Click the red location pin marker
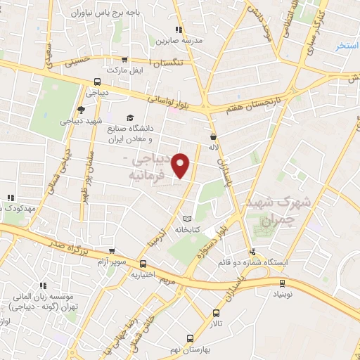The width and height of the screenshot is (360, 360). coord(181,165)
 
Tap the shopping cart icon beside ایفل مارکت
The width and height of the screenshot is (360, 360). coord(125,60)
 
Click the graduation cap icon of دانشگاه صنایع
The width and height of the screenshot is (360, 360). coord(129,117)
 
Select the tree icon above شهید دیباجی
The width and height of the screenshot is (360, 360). coord(82,109)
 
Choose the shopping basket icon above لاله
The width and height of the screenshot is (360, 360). coord(213,136)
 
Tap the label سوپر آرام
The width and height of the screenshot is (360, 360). coord(112,262)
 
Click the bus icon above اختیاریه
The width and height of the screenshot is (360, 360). coord(143,264)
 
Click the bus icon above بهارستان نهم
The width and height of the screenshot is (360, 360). coord(189,338)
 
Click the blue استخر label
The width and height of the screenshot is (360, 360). coord(347,46)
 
